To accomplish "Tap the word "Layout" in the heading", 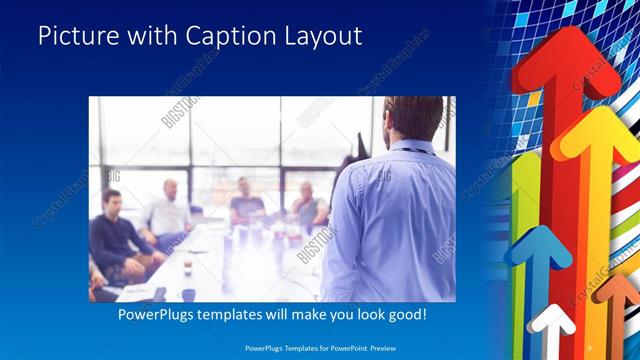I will click(x=320, y=37).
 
